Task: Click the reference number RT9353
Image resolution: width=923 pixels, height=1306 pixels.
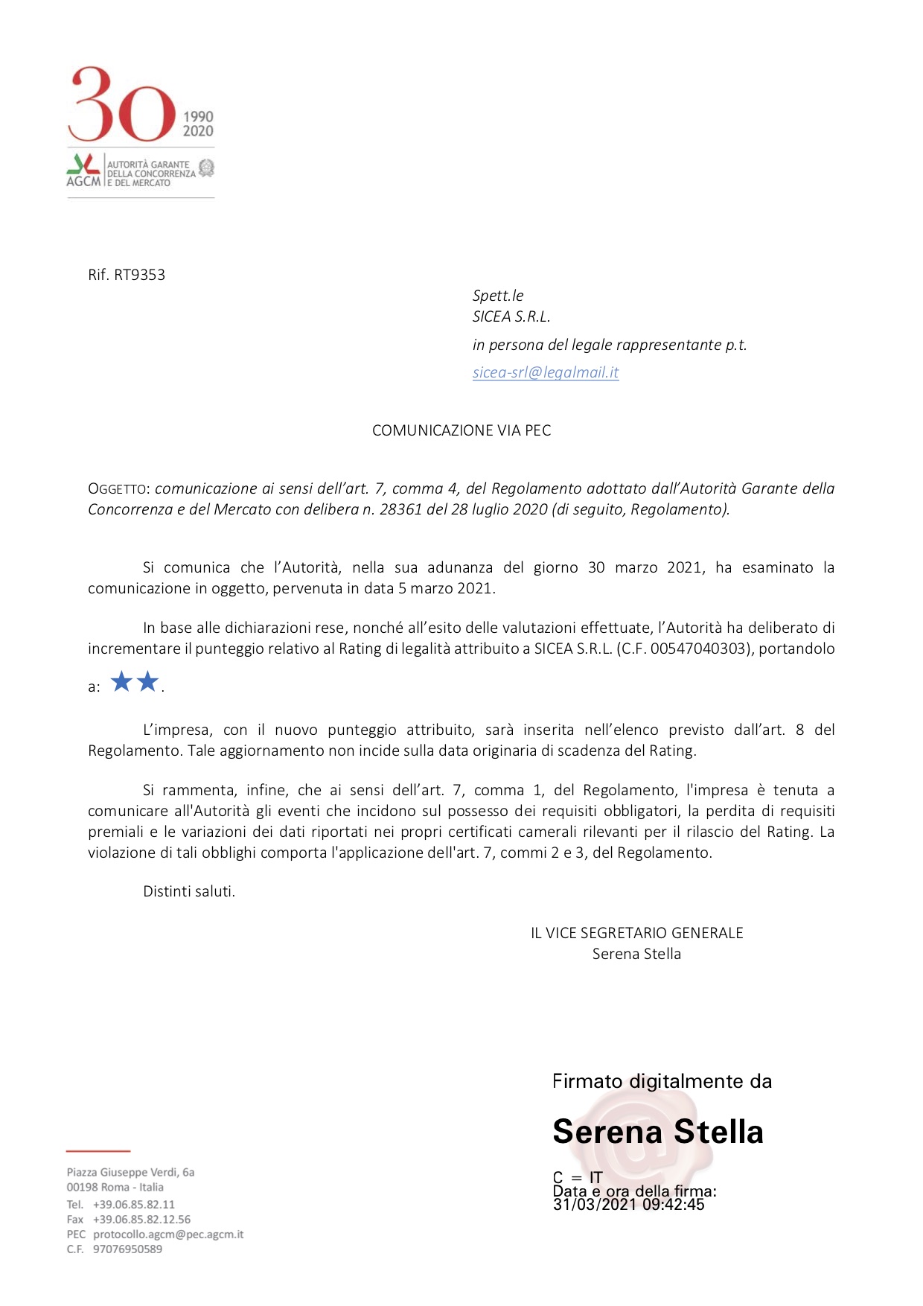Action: click(x=139, y=275)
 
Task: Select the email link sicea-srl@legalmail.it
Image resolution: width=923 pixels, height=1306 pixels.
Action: click(x=545, y=372)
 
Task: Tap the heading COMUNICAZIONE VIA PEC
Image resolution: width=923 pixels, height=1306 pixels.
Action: click(x=461, y=430)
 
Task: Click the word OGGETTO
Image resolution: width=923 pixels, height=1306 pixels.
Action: click(x=118, y=489)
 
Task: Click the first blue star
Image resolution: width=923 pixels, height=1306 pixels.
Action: click(x=121, y=681)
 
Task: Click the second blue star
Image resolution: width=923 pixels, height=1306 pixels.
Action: click(x=148, y=681)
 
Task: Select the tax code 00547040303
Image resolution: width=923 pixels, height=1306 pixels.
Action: click(x=697, y=649)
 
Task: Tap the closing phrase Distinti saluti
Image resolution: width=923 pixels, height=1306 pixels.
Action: click(x=189, y=891)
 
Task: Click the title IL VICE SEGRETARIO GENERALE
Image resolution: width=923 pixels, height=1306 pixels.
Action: click(x=636, y=933)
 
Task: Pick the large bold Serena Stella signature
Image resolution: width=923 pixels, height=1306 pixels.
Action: click(x=658, y=1132)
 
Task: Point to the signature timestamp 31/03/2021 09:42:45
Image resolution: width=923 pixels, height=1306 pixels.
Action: click(x=628, y=1205)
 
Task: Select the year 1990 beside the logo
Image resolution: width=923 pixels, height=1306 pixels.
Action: click(x=198, y=116)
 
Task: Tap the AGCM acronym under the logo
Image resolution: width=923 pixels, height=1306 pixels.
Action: click(x=83, y=181)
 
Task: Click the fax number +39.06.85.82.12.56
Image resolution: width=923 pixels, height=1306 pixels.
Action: click(x=141, y=1220)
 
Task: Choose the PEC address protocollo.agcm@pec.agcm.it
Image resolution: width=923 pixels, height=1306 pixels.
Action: click(x=168, y=1235)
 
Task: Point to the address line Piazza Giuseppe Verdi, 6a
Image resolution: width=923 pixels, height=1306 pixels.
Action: click(x=130, y=1172)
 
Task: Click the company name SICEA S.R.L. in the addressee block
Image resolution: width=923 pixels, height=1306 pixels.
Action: click(x=511, y=316)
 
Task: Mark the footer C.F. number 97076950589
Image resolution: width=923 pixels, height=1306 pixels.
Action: click(x=127, y=1249)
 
